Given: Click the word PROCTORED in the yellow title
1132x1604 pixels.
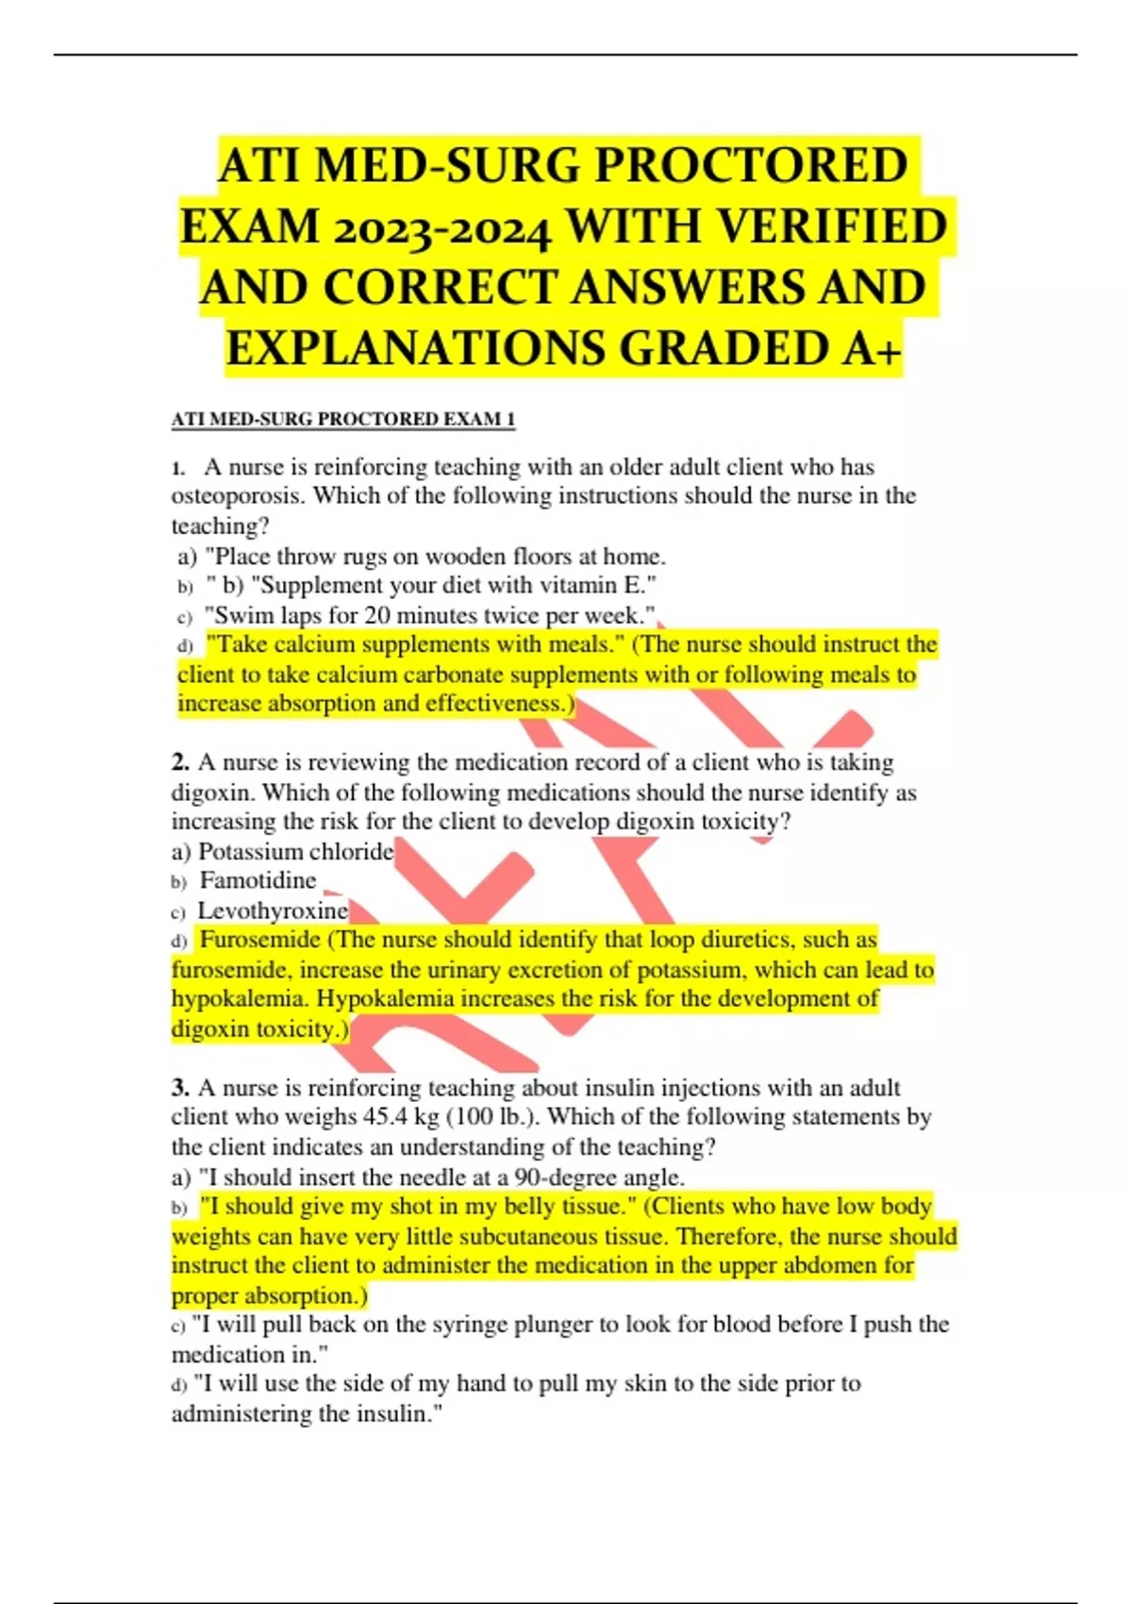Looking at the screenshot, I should point(750,166).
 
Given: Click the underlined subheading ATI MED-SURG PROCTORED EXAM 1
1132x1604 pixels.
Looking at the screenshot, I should point(342,419).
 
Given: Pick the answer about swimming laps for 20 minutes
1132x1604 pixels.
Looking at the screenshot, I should point(429,616).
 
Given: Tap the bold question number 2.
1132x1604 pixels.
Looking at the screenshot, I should point(180,762).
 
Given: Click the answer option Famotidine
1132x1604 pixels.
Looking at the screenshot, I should point(258,881).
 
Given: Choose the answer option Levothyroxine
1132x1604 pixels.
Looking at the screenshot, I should point(272,911).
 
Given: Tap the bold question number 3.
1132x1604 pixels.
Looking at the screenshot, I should point(180,1088).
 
